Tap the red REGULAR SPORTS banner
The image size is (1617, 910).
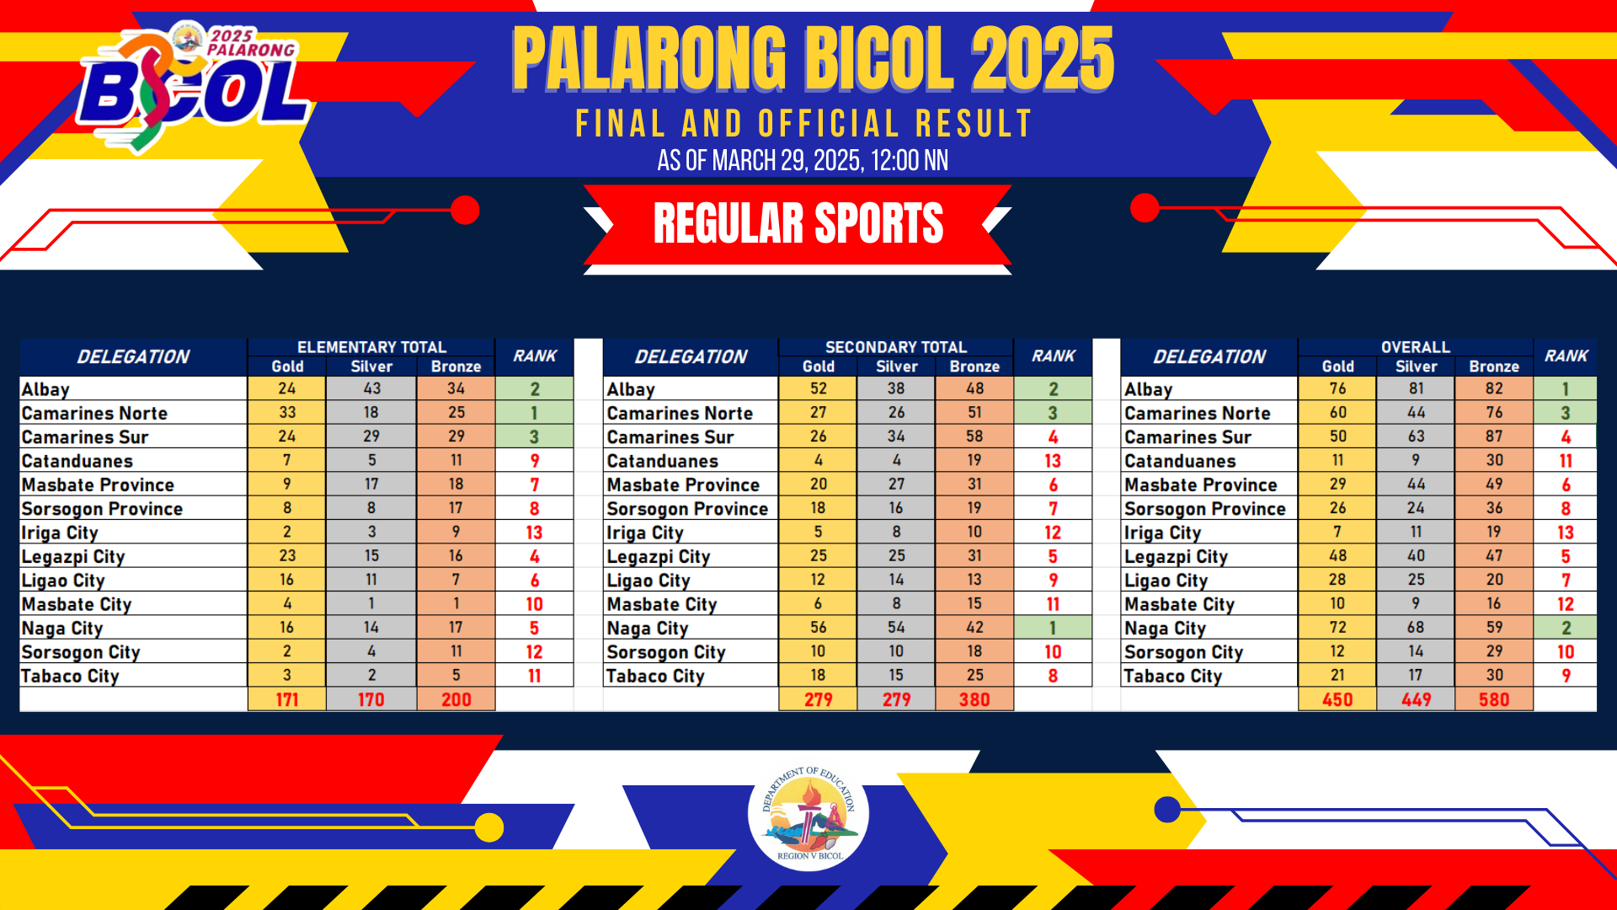point(798,224)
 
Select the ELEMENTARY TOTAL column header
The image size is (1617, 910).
point(371,347)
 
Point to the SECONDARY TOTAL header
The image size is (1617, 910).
point(896,347)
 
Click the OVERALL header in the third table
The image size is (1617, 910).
point(1415,347)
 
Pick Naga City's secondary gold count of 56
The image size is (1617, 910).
point(818,628)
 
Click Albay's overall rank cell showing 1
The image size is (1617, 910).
point(1565,388)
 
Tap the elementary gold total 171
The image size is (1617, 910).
point(287,699)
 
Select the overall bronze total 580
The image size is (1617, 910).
point(1494,699)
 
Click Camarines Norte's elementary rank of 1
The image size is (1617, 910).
point(534,413)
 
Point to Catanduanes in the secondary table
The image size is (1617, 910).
point(663,461)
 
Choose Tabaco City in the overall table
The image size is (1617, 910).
point(1173,676)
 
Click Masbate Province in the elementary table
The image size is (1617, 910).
point(98,484)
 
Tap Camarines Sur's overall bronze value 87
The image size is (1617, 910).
point(1494,436)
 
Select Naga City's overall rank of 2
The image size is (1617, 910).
point(1565,628)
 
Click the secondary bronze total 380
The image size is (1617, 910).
point(974,699)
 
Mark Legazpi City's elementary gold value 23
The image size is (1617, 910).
point(287,556)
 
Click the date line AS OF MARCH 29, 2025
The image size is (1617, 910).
point(803,160)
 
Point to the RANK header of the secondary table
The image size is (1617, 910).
point(1054,356)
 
